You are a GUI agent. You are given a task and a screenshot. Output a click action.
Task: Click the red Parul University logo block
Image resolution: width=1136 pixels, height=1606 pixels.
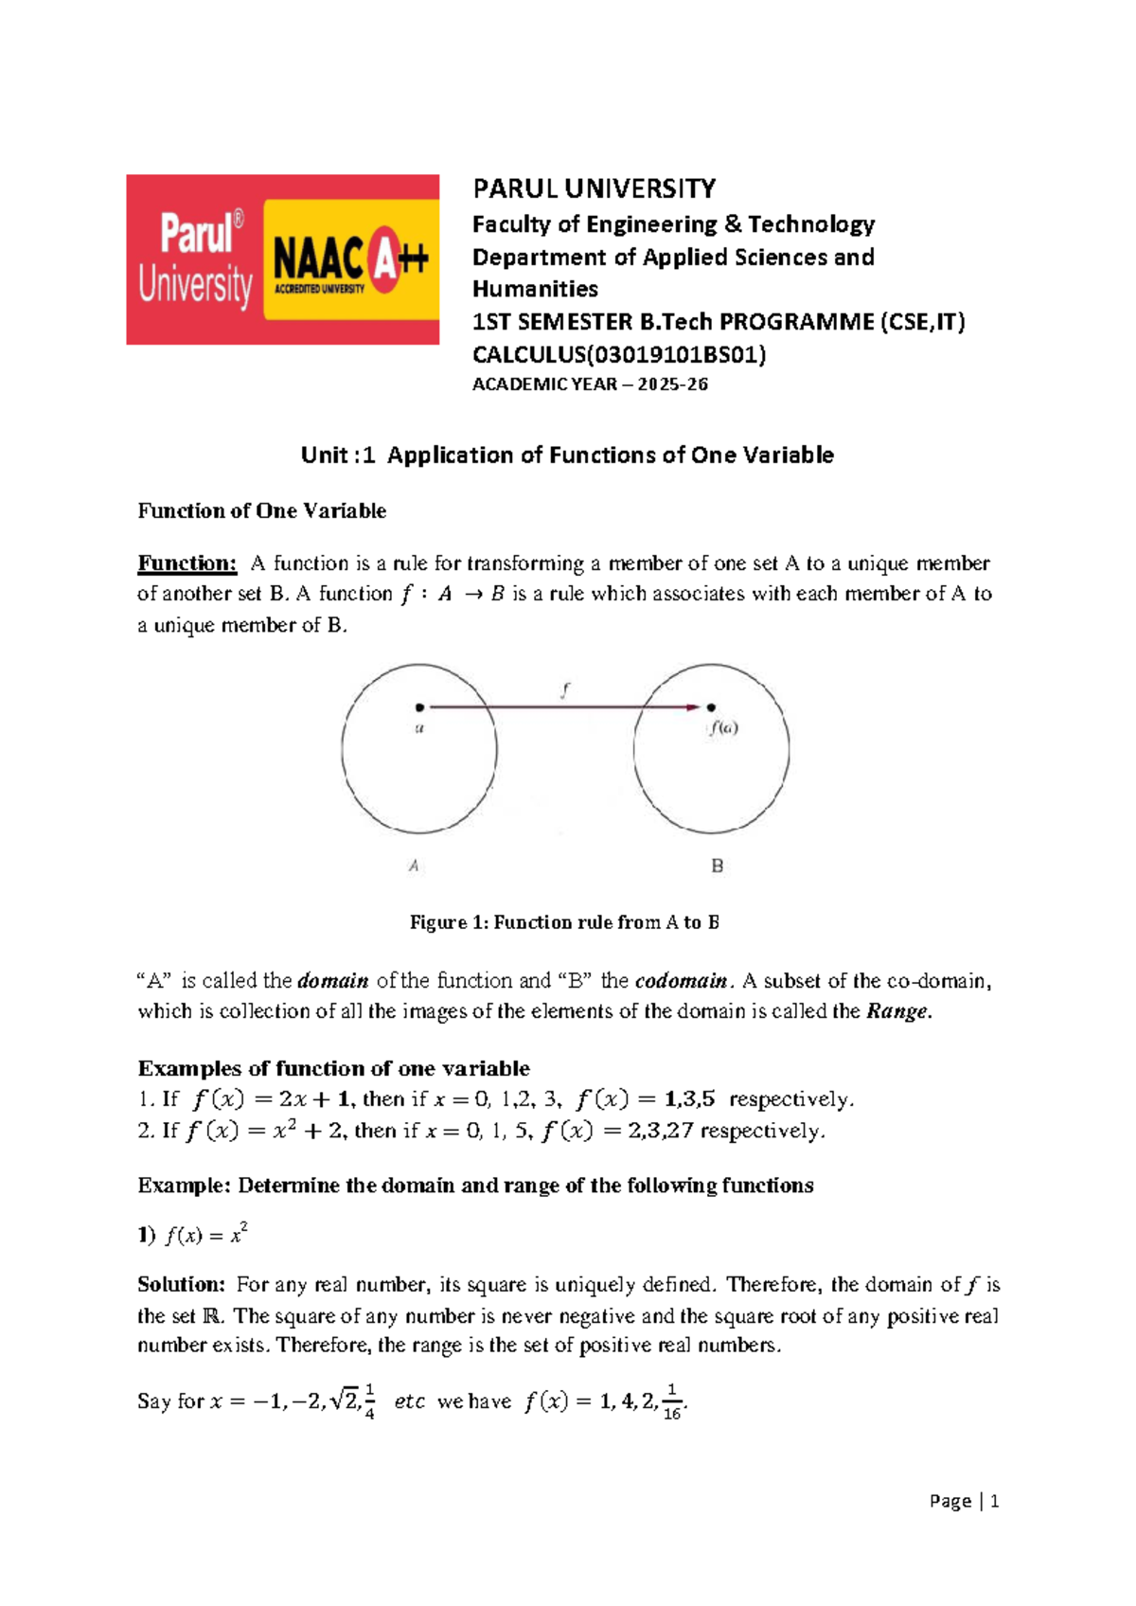pyautogui.click(x=194, y=259)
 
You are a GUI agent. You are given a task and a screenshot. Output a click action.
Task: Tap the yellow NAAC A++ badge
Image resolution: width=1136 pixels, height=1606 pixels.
pyautogui.click(x=350, y=259)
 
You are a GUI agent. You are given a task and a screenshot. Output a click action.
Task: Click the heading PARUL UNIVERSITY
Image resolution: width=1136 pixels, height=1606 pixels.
pyautogui.click(x=594, y=188)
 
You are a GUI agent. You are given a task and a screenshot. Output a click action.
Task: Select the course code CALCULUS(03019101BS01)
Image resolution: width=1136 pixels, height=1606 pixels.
pyautogui.click(x=619, y=355)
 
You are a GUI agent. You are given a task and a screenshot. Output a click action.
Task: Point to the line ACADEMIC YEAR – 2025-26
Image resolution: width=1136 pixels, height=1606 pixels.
pyautogui.click(x=590, y=384)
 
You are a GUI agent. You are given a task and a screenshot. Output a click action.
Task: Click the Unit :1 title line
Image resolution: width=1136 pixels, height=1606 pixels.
pyautogui.click(x=567, y=455)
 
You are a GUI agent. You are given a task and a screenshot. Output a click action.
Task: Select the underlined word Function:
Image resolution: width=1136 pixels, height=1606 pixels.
pyautogui.click(x=186, y=563)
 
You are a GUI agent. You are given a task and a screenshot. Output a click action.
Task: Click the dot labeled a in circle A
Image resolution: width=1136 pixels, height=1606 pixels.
pyautogui.click(x=419, y=706)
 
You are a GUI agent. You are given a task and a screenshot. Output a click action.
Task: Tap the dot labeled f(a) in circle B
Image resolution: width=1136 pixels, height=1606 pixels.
pyautogui.click(x=711, y=706)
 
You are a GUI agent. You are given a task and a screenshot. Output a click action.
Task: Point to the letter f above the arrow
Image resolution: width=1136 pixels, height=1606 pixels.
pyautogui.click(x=565, y=690)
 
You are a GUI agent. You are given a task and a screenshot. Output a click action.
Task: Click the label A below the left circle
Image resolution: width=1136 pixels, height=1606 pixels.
pyautogui.click(x=414, y=865)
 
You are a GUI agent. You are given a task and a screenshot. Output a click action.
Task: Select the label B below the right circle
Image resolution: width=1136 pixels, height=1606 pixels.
pyautogui.click(x=717, y=865)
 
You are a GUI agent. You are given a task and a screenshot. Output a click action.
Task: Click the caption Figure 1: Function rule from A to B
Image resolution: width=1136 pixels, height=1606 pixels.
pyautogui.click(x=564, y=922)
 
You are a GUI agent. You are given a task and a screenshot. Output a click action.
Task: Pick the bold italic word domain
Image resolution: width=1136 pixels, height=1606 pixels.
pyautogui.click(x=333, y=981)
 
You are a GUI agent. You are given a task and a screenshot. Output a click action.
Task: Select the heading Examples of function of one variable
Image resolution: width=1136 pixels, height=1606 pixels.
pyautogui.click(x=333, y=1068)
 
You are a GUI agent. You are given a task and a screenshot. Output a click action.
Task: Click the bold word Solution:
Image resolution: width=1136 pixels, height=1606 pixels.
pyautogui.click(x=181, y=1285)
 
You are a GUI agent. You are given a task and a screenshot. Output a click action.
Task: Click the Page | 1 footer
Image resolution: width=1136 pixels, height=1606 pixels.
pyautogui.click(x=964, y=1501)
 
